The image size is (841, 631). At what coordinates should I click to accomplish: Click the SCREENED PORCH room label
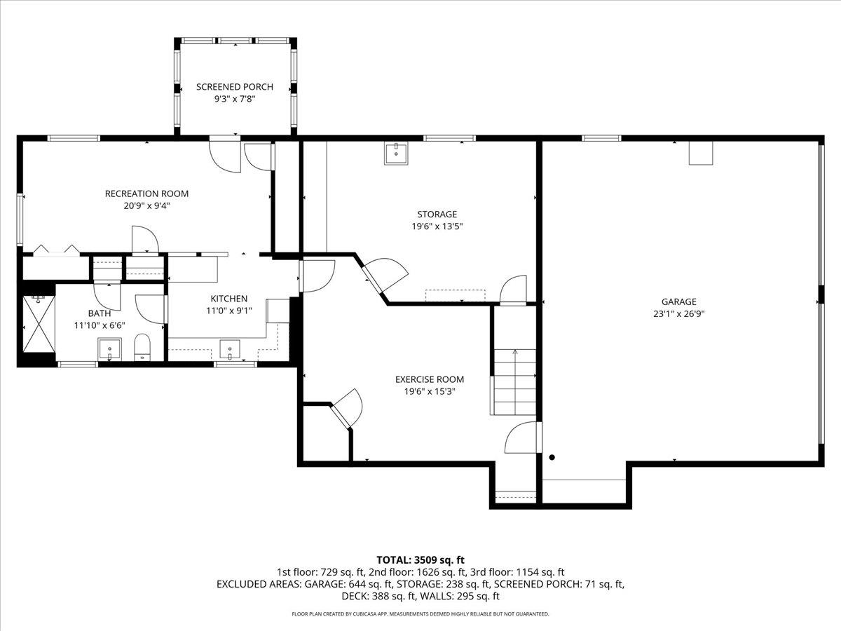pyautogui.click(x=234, y=87)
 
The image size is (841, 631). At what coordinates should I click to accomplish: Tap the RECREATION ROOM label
pyautogui.click(x=146, y=194)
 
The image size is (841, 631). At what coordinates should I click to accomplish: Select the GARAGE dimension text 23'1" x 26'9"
pyautogui.click(x=678, y=314)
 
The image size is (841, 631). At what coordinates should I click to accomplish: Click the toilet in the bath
pyautogui.click(x=143, y=348)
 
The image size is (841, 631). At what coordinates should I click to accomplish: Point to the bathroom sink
pyautogui.click(x=109, y=348)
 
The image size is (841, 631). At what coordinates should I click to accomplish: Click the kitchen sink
pyautogui.click(x=230, y=348)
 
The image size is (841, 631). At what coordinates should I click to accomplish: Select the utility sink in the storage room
pyautogui.click(x=396, y=153)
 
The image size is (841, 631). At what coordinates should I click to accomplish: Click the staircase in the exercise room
pyautogui.click(x=514, y=382)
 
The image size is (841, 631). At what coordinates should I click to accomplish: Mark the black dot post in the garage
pyautogui.click(x=552, y=458)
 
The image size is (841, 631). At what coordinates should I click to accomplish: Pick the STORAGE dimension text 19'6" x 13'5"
pyautogui.click(x=437, y=226)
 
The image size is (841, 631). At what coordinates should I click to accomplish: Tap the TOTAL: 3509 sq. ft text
pyautogui.click(x=420, y=559)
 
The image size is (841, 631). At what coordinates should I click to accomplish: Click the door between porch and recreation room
pyautogui.click(x=226, y=154)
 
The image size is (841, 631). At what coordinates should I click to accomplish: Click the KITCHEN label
pyautogui.click(x=229, y=299)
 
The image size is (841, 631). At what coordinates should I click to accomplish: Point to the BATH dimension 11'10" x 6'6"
pyautogui.click(x=100, y=325)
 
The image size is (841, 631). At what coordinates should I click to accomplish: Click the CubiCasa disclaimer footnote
pyautogui.click(x=420, y=614)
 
